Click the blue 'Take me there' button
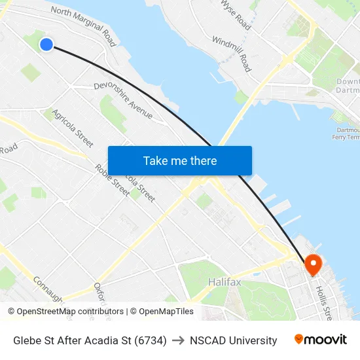[x=180, y=161]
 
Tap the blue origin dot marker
[x=46, y=44]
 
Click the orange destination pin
[x=314, y=264]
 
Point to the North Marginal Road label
[x=83, y=27]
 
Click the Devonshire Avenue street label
[x=123, y=101]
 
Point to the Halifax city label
[x=225, y=282]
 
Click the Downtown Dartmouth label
[x=347, y=86]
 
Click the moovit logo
[x=320, y=340]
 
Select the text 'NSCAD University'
[x=233, y=340]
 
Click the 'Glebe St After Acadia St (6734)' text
[x=90, y=340]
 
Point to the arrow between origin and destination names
[x=178, y=340]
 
